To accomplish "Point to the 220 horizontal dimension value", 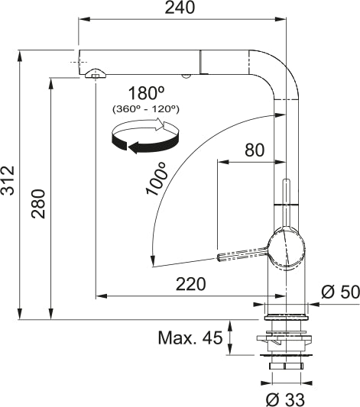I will pyautogui.click(x=190, y=284).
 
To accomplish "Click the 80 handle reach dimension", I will pyautogui.click(x=254, y=150).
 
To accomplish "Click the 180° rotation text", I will pyautogui.click(x=146, y=93).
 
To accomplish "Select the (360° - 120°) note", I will pyautogui.click(x=145, y=109).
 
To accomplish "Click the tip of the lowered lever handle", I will pyautogui.click(x=222, y=257).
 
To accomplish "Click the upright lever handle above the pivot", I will pyautogui.click(x=287, y=200).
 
